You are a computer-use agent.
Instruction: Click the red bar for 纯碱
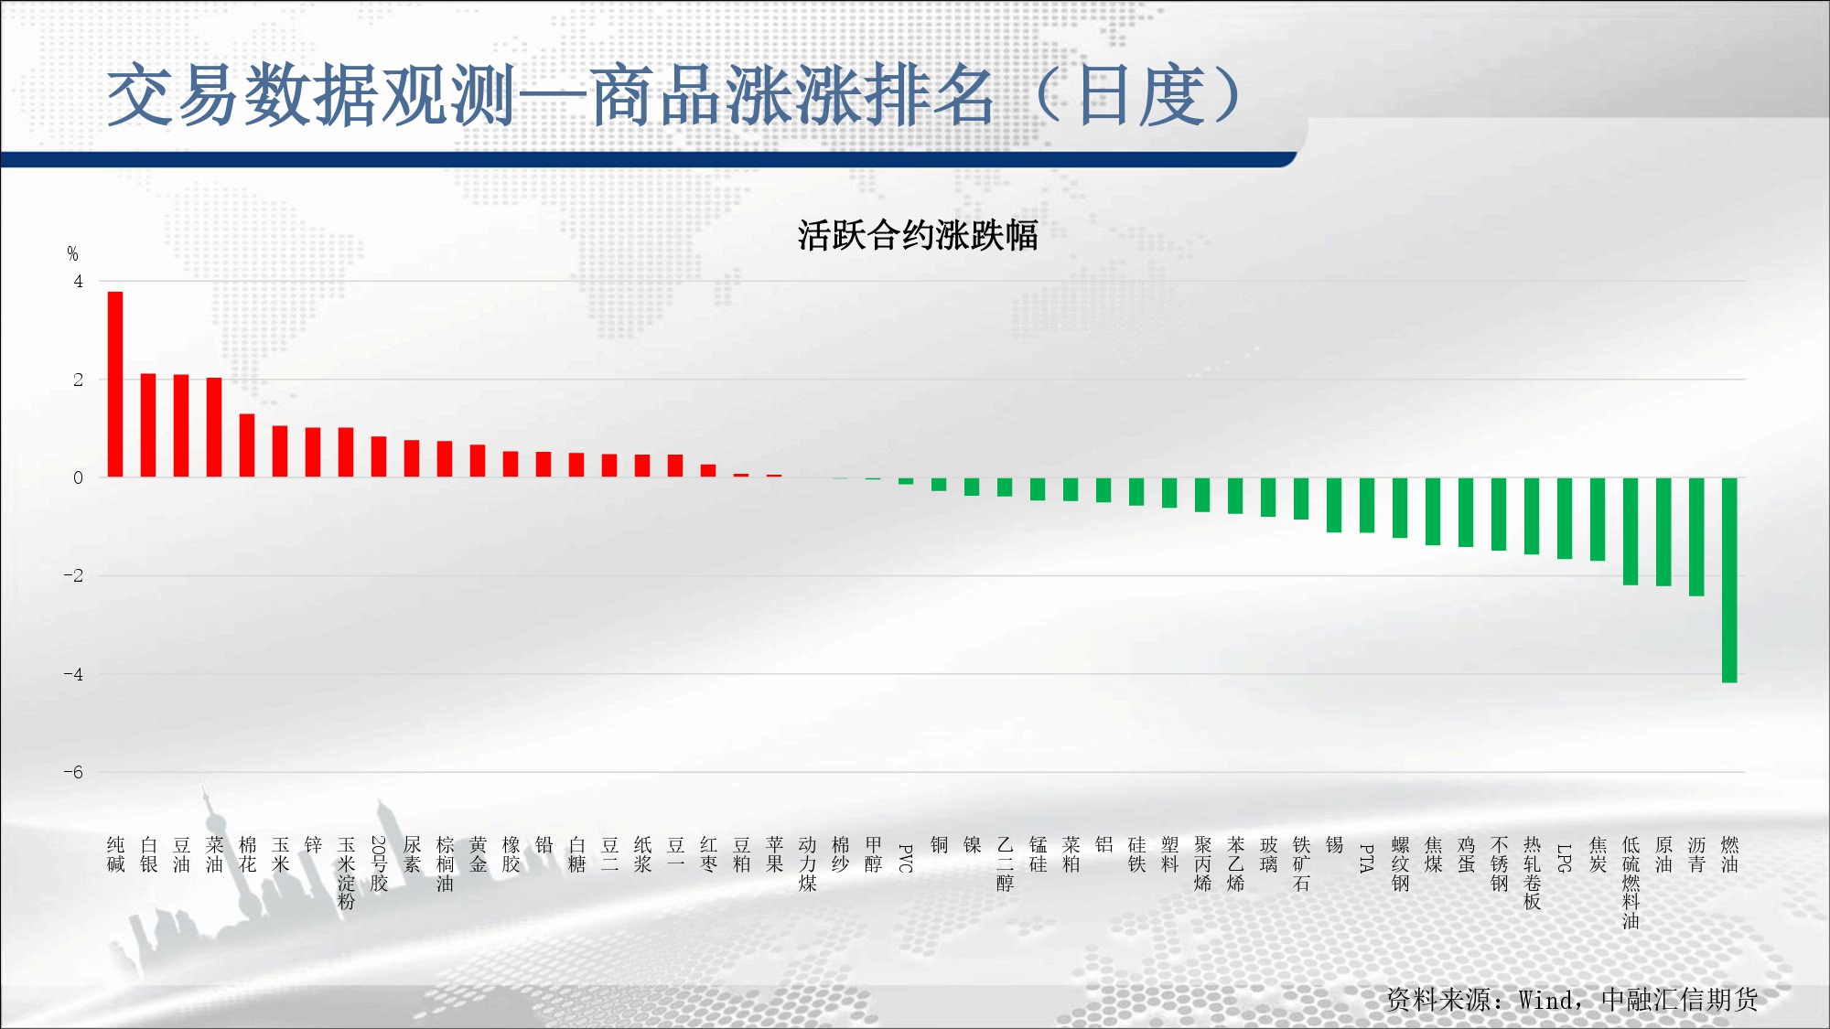(x=115, y=384)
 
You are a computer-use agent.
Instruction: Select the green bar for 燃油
(x=1729, y=580)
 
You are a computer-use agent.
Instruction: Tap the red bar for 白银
(x=148, y=425)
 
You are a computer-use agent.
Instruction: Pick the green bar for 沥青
(x=1696, y=537)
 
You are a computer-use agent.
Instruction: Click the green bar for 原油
(x=1663, y=531)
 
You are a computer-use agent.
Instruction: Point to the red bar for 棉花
(x=247, y=445)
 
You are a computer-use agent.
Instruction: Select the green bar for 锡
(x=1334, y=505)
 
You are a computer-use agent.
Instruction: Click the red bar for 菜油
(x=214, y=427)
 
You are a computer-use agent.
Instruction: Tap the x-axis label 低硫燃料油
(x=1631, y=883)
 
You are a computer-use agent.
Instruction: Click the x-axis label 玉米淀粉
(x=346, y=874)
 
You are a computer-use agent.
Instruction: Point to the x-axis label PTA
(x=1367, y=858)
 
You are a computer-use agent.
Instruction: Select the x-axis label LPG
(x=1565, y=858)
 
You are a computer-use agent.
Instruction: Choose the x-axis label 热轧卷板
(x=1532, y=874)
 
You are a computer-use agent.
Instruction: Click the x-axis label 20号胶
(x=379, y=863)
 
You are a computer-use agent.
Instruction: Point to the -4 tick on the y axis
(x=73, y=674)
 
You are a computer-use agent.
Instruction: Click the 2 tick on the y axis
(x=78, y=380)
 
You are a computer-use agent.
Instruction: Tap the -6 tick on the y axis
(x=73, y=772)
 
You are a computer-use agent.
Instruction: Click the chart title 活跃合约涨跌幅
(x=918, y=235)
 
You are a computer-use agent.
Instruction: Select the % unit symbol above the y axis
(x=72, y=253)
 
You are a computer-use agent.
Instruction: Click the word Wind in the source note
(x=1545, y=1000)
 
